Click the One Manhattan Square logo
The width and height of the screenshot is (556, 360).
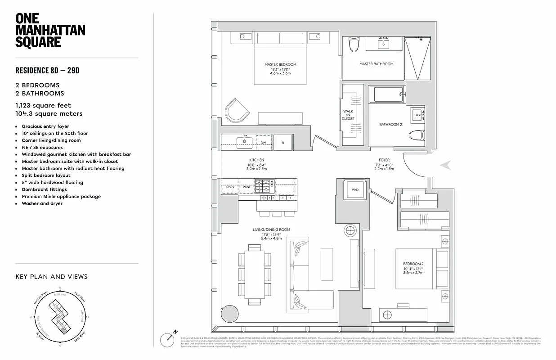pyautogui.click(x=50, y=30)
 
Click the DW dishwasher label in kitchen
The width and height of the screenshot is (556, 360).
pyautogui.click(x=264, y=143)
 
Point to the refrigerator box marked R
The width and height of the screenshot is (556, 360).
pyautogui.click(x=283, y=143)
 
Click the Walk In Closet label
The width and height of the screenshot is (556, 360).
pyautogui.click(x=348, y=115)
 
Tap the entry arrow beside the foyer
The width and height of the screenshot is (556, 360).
pyautogui.click(x=446, y=165)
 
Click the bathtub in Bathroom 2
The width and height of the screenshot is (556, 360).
pyautogui.click(x=388, y=94)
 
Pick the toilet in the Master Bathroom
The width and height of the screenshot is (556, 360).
pyautogui.click(x=354, y=45)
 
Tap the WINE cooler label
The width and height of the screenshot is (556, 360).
pyautogui.click(x=247, y=186)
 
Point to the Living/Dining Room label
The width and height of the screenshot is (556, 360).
pyautogui.click(x=271, y=229)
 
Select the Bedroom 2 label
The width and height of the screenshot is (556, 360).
pyautogui.click(x=413, y=264)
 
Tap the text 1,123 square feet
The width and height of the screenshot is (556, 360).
pyautogui.click(x=43, y=105)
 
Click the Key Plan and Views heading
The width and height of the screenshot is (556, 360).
pyautogui.click(x=51, y=277)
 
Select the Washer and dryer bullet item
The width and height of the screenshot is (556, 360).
pyautogui.click(x=42, y=203)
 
